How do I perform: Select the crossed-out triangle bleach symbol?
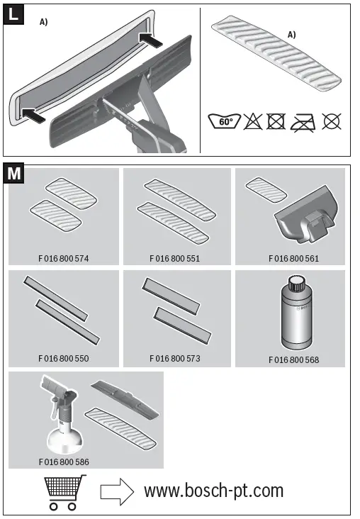(x=253, y=121)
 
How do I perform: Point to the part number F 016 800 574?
(x=63, y=258)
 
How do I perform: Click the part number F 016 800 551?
(x=175, y=258)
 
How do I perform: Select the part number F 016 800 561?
(x=293, y=258)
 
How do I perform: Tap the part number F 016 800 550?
(x=63, y=359)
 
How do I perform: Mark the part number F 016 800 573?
(x=175, y=359)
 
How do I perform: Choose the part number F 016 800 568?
(x=293, y=359)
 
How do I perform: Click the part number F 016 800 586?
(x=63, y=461)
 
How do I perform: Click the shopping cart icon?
(x=62, y=492)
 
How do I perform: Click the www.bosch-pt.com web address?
(x=213, y=490)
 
